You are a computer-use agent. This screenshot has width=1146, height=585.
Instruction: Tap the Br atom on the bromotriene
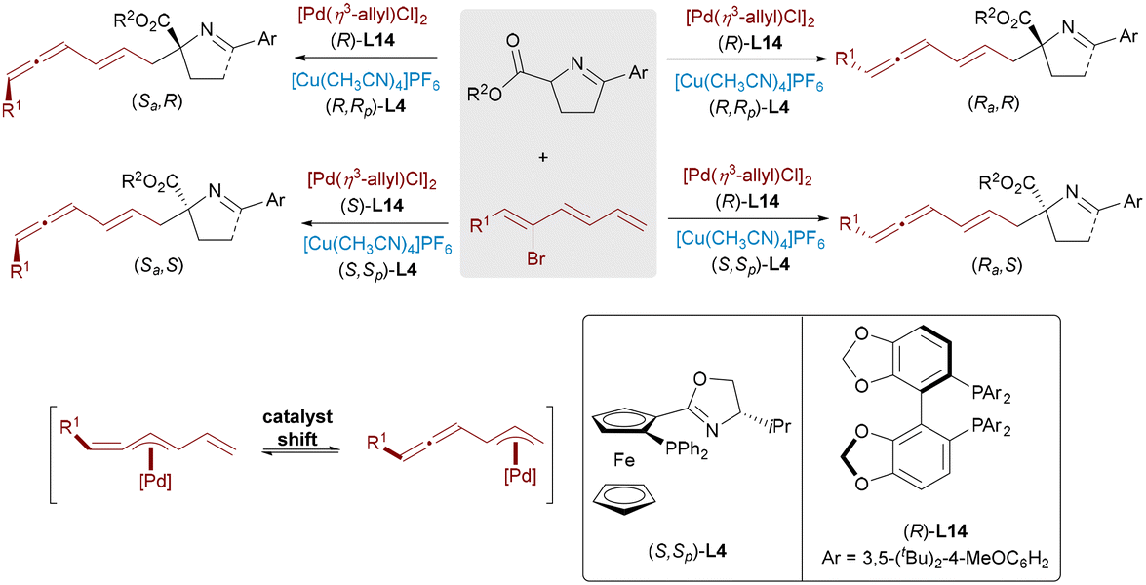click(536, 257)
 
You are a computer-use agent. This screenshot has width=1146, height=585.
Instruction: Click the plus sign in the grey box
click(542, 158)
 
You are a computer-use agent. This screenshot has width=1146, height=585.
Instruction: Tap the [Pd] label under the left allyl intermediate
click(154, 482)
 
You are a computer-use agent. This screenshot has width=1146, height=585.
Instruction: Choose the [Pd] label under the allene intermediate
click(521, 478)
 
